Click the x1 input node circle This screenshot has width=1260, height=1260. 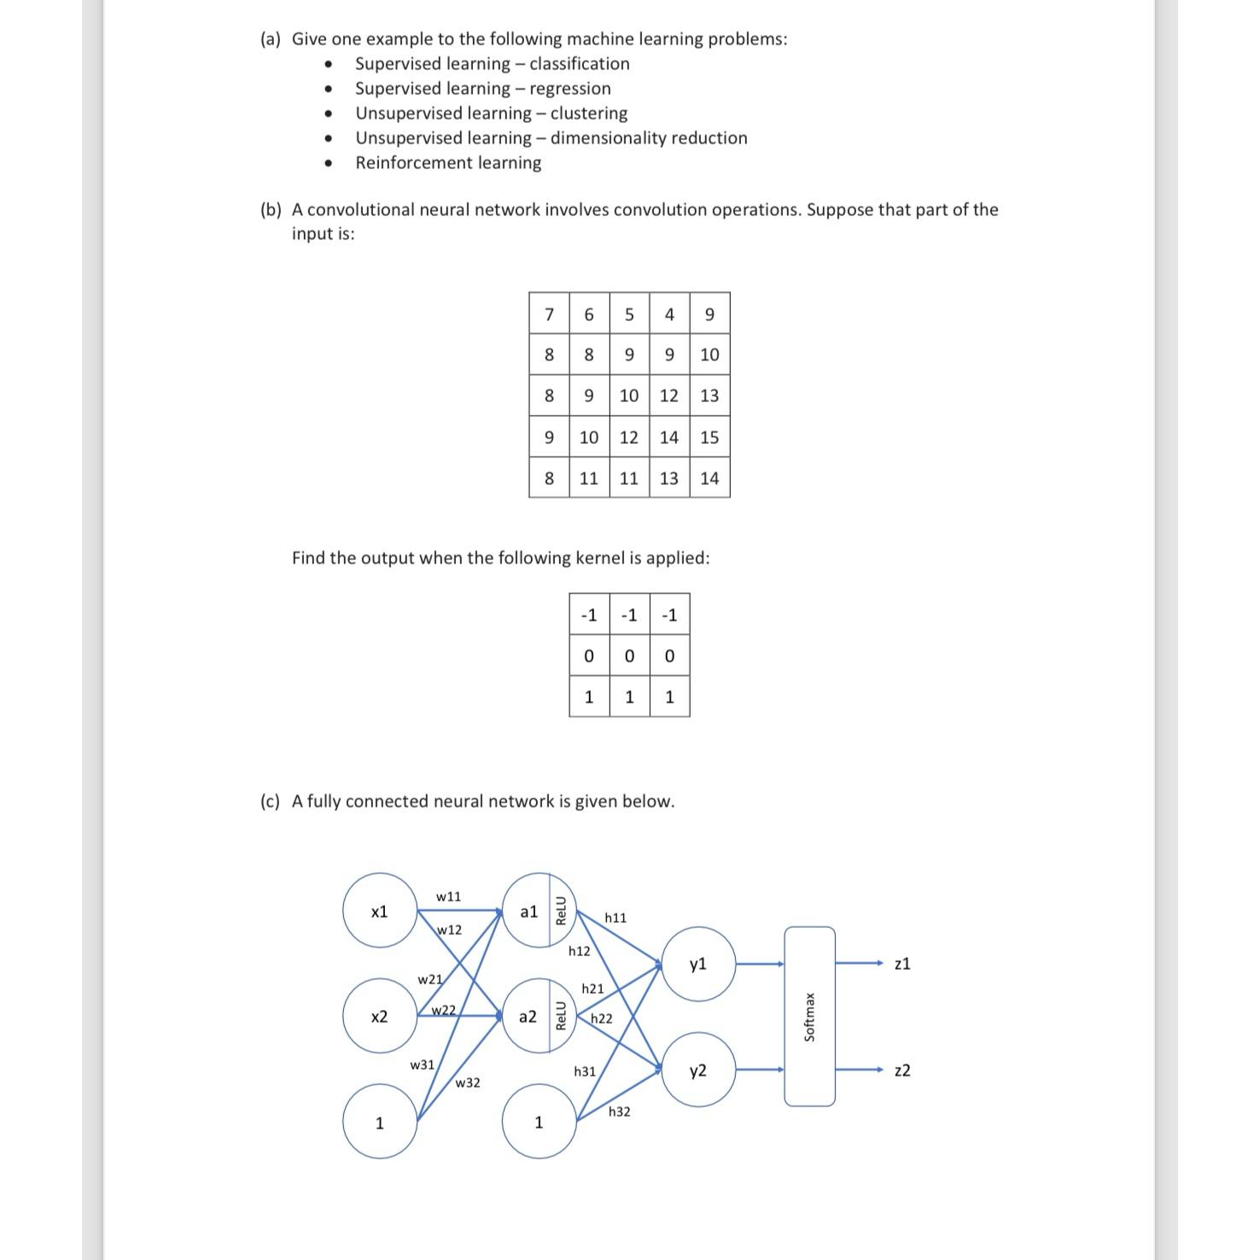[x=380, y=911]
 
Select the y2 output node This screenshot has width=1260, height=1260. [x=698, y=1070]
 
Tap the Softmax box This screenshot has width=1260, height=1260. [x=809, y=1017]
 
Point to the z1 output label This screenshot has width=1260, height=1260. [x=902, y=964]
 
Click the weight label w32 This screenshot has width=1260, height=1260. [x=467, y=1082]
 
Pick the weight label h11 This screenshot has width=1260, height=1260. [x=615, y=918]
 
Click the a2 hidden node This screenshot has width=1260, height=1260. [x=528, y=1016]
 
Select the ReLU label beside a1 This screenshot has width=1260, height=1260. [x=561, y=911]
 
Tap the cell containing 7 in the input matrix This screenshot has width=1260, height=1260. [x=549, y=314]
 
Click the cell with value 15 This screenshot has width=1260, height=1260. [x=709, y=437]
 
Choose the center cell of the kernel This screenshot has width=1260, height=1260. [x=629, y=656]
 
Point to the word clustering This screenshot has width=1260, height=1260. [x=588, y=114]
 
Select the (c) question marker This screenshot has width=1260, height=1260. [x=270, y=802]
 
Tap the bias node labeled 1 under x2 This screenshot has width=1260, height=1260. [x=380, y=1123]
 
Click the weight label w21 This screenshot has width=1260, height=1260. [x=429, y=979]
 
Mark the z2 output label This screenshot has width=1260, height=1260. [x=902, y=1070]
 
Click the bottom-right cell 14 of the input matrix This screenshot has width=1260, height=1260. [x=709, y=478]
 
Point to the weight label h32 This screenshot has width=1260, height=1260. [x=619, y=1111]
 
